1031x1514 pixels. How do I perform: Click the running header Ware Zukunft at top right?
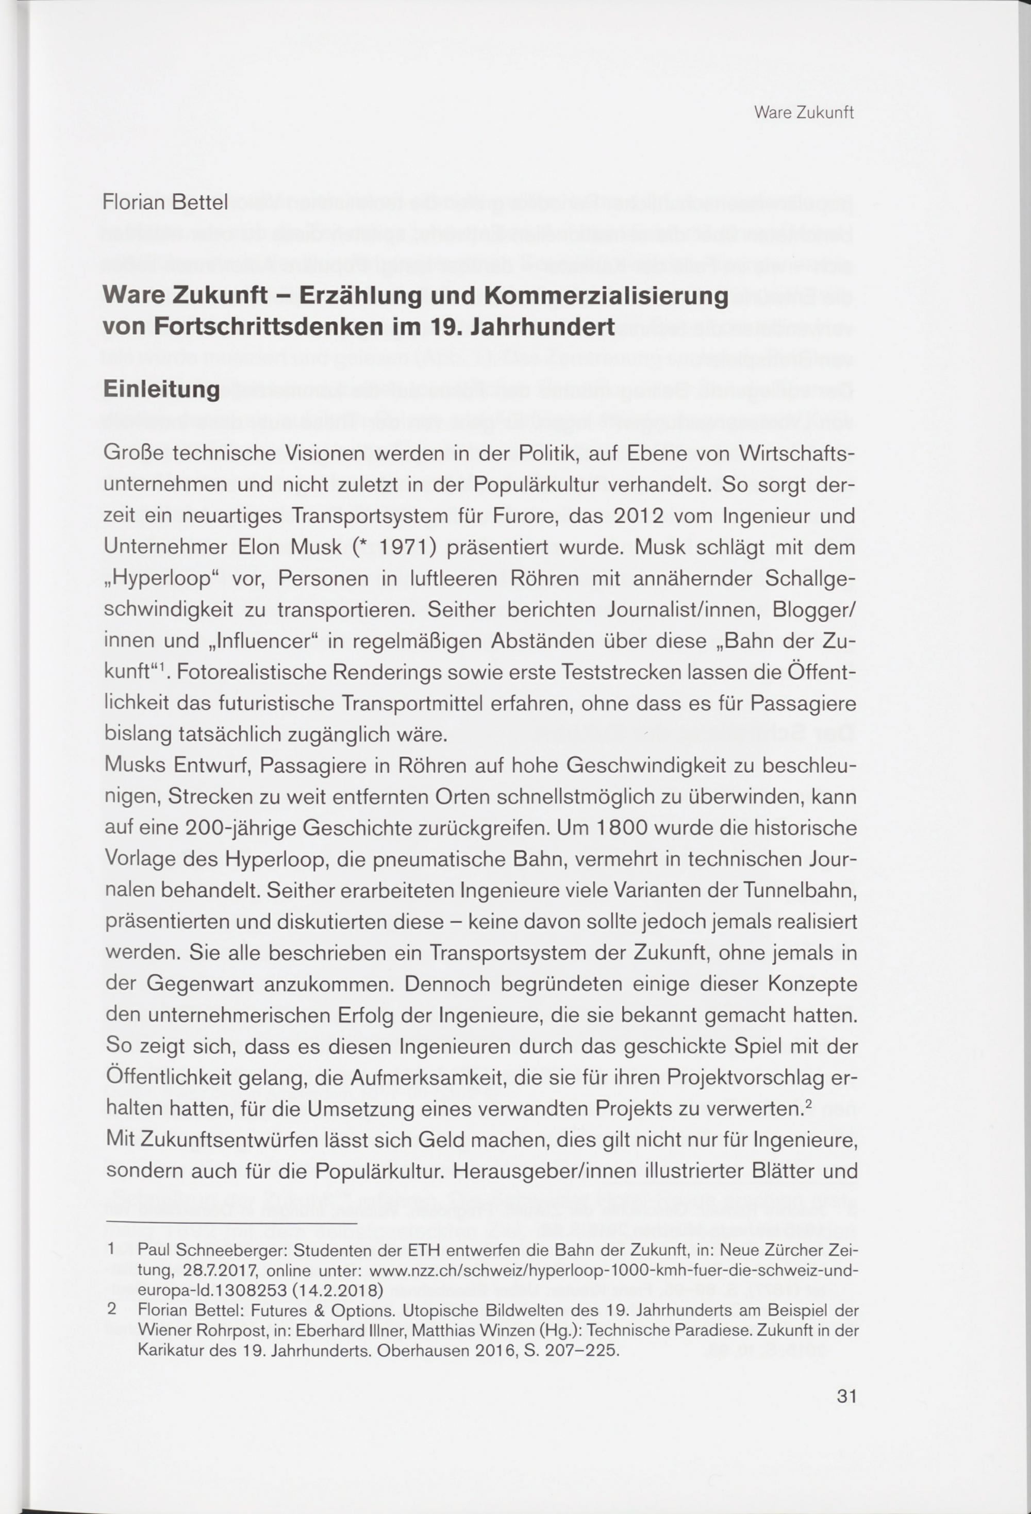804,113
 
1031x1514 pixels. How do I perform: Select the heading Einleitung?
161,390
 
